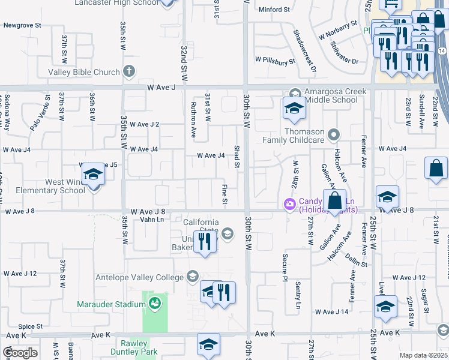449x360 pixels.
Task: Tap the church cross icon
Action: (x=128, y=72)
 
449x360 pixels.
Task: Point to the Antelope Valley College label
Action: (x=139, y=277)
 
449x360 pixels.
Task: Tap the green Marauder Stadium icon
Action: (x=155, y=304)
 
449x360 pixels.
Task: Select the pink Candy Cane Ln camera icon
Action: (x=290, y=205)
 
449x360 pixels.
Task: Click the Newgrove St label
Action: (x=22, y=26)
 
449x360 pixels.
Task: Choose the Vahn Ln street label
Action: (x=152, y=220)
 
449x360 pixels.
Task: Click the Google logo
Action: (x=20, y=352)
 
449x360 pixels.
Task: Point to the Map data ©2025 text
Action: (x=423, y=356)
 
